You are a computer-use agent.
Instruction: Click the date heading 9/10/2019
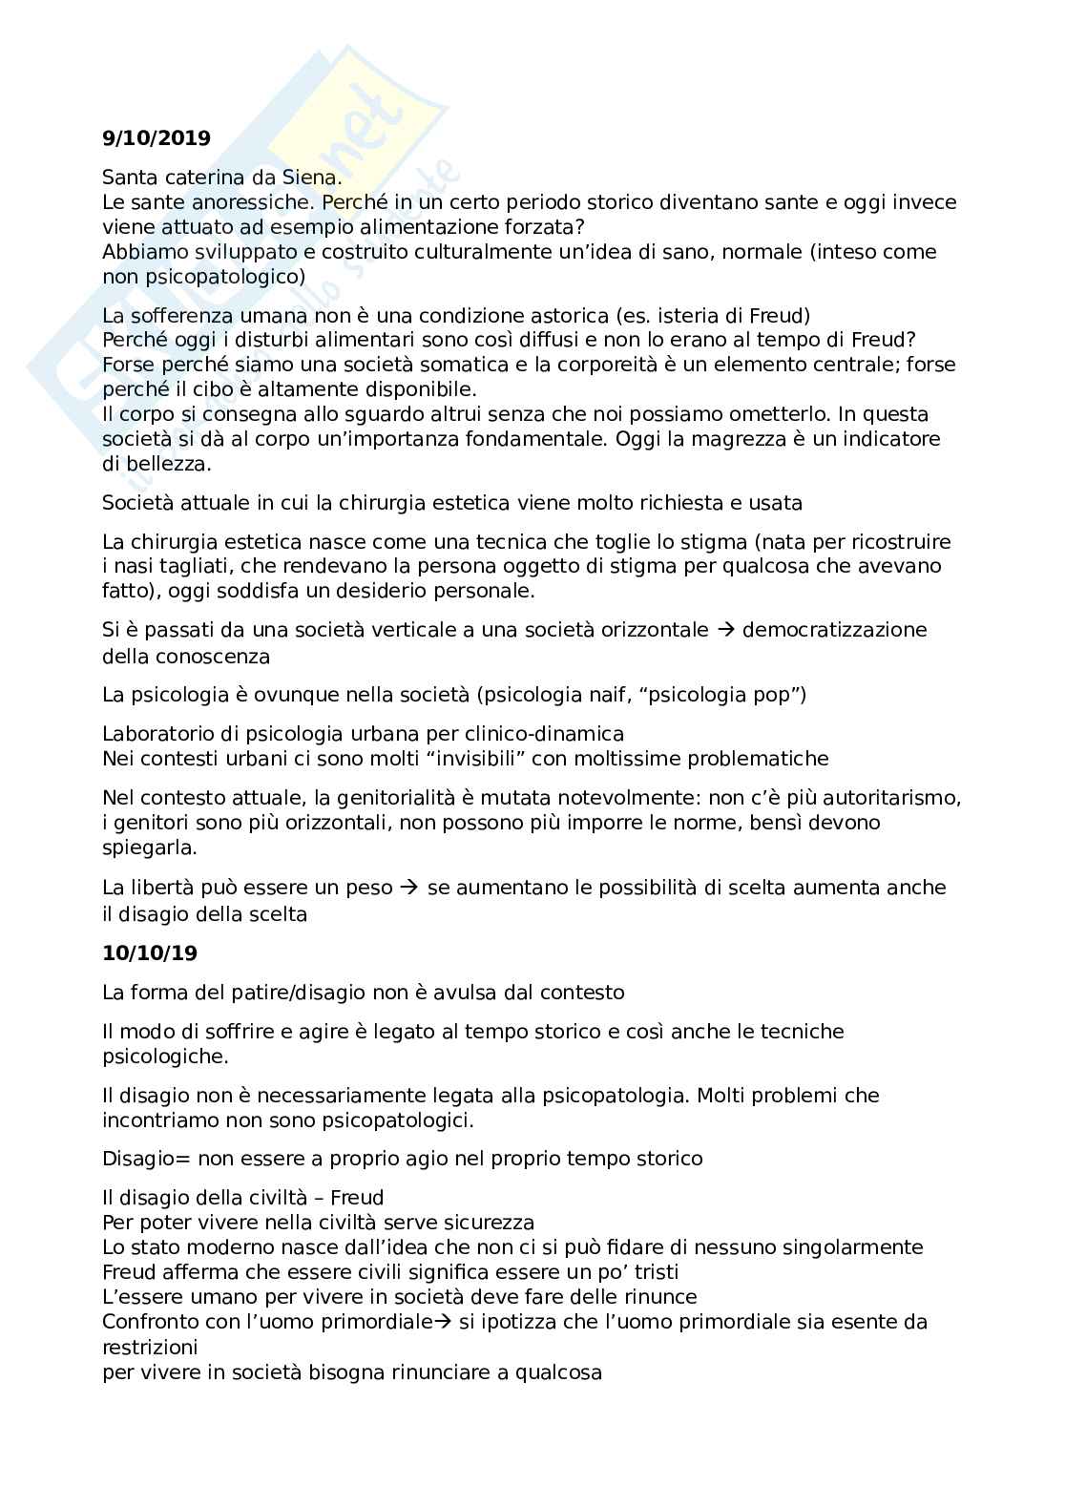pyautogui.click(x=157, y=138)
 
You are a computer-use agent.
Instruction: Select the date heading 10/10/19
pyautogui.click(x=150, y=952)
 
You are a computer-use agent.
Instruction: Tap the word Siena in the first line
pyautogui.click(x=311, y=178)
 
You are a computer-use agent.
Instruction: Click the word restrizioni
pyautogui.click(x=150, y=1348)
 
